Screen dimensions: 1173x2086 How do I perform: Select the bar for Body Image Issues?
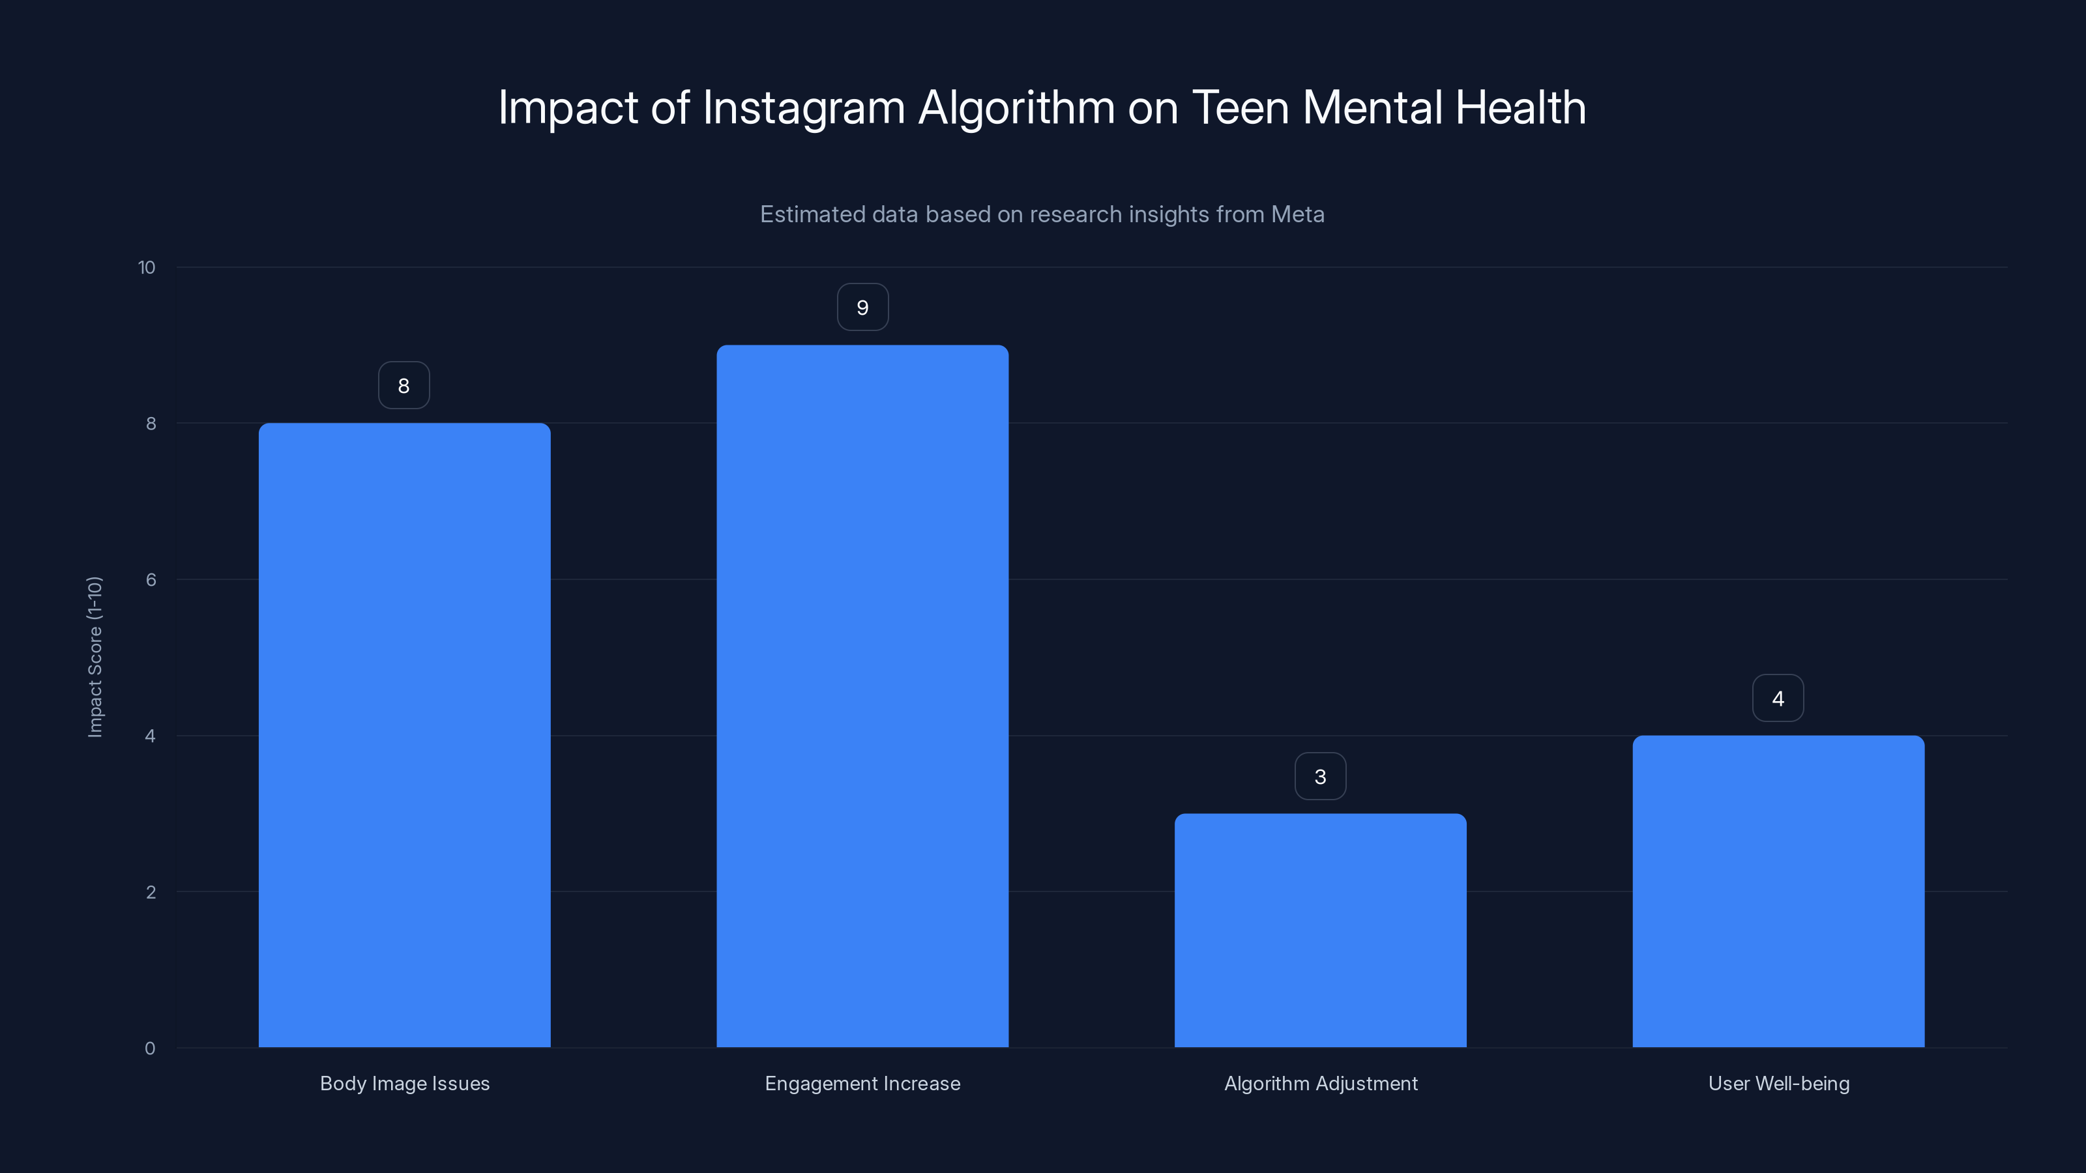[x=404, y=735]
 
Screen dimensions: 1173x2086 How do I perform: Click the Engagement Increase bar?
[x=862, y=696]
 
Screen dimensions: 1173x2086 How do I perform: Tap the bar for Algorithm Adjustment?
[x=1320, y=931]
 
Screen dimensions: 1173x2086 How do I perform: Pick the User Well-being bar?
[x=1778, y=891]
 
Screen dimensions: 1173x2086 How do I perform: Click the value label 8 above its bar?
[x=404, y=385]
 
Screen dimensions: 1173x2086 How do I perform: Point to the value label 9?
[x=862, y=308]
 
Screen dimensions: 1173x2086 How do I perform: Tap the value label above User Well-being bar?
[x=1778, y=699]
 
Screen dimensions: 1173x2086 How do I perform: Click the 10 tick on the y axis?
[x=147, y=267]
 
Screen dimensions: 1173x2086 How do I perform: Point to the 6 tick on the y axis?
[x=151, y=579]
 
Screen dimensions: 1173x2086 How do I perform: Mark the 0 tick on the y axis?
[x=150, y=1049]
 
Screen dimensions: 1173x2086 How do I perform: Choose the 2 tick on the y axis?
[x=151, y=892]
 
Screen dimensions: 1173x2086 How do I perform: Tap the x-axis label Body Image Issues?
[x=404, y=1083]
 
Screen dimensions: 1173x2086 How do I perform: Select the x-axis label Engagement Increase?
[x=862, y=1083]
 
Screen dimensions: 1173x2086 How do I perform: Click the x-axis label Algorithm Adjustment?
[x=1320, y=1083]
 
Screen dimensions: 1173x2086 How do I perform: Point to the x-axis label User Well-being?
[x=1778, y=1083]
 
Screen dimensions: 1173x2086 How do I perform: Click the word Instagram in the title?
[x=803, y=108]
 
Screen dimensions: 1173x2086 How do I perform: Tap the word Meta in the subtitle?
[x=1297, y=214]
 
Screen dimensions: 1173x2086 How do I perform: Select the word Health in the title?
[x=1520, y=108]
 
